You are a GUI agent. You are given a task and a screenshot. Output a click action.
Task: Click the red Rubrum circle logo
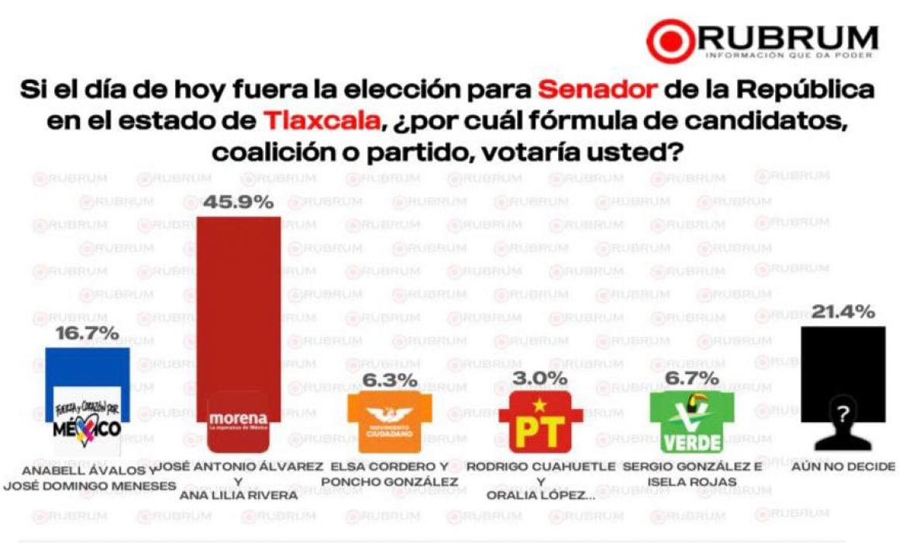671,40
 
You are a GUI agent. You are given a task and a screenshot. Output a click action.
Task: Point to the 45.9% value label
239,202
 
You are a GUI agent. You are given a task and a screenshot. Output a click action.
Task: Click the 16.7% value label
88,334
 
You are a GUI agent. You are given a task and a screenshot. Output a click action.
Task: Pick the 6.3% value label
389,381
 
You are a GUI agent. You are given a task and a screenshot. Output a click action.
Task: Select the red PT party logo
540,421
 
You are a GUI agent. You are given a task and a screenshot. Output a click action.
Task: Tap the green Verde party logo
691,421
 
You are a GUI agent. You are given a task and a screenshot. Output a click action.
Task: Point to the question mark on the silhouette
843,414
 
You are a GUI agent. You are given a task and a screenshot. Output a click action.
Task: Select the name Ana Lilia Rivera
238,496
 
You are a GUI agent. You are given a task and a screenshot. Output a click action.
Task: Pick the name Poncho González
389,482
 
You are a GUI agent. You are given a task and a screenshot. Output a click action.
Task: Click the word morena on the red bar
238,420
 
